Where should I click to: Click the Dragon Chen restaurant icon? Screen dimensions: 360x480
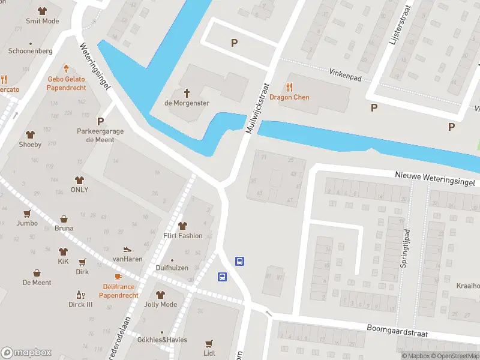point(290,86)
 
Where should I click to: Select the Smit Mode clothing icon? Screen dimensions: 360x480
point(41,11)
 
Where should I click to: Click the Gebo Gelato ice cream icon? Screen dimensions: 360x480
point(66,68)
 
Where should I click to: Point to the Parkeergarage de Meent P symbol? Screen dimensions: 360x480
point(100,121)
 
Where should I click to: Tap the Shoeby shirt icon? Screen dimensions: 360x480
point(30,134)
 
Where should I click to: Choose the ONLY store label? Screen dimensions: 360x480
point(79,190)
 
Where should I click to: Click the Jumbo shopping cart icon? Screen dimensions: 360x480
point(26,213)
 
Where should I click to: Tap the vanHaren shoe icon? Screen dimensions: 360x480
point(127,249)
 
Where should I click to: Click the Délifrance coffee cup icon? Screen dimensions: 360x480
point(118,277)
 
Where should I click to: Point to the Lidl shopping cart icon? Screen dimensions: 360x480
point(208,344)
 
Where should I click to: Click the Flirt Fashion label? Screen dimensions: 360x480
point(182,235)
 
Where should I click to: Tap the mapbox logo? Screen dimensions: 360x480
point(26,353)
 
